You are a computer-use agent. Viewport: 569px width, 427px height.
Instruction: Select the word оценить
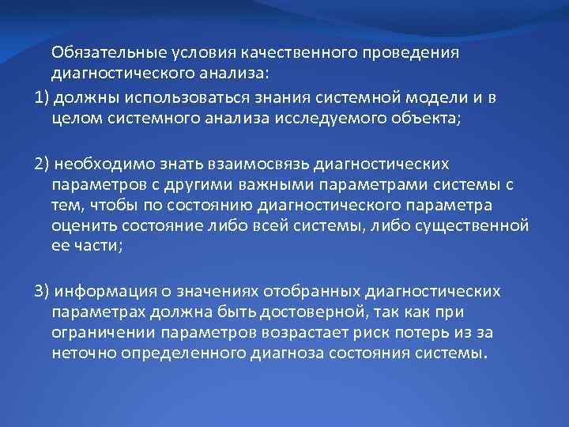[80, 226]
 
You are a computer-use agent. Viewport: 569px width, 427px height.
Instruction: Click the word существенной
[478, 226]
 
